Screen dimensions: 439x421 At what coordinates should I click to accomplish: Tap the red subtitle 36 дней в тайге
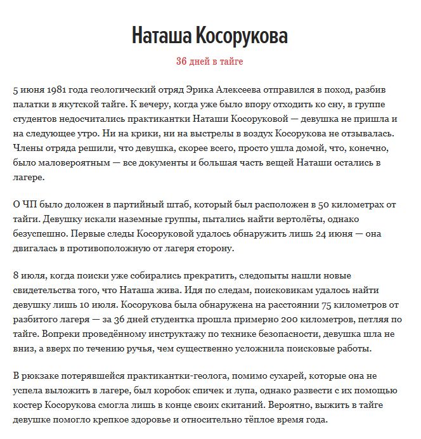pyautogui.click(x=210, y=62)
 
